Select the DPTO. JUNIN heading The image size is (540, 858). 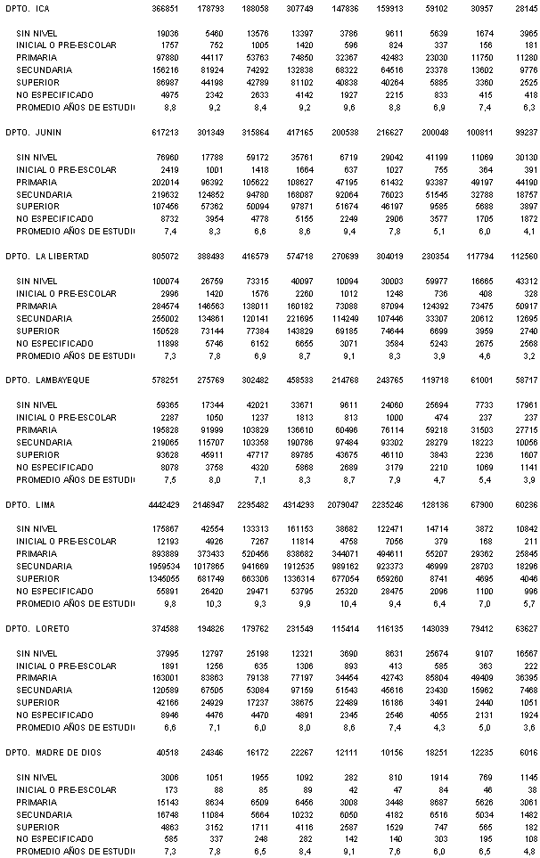33,132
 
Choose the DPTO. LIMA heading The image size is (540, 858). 29,504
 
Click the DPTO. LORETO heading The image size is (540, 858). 36,629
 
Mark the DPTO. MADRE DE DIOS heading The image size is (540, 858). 53,753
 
